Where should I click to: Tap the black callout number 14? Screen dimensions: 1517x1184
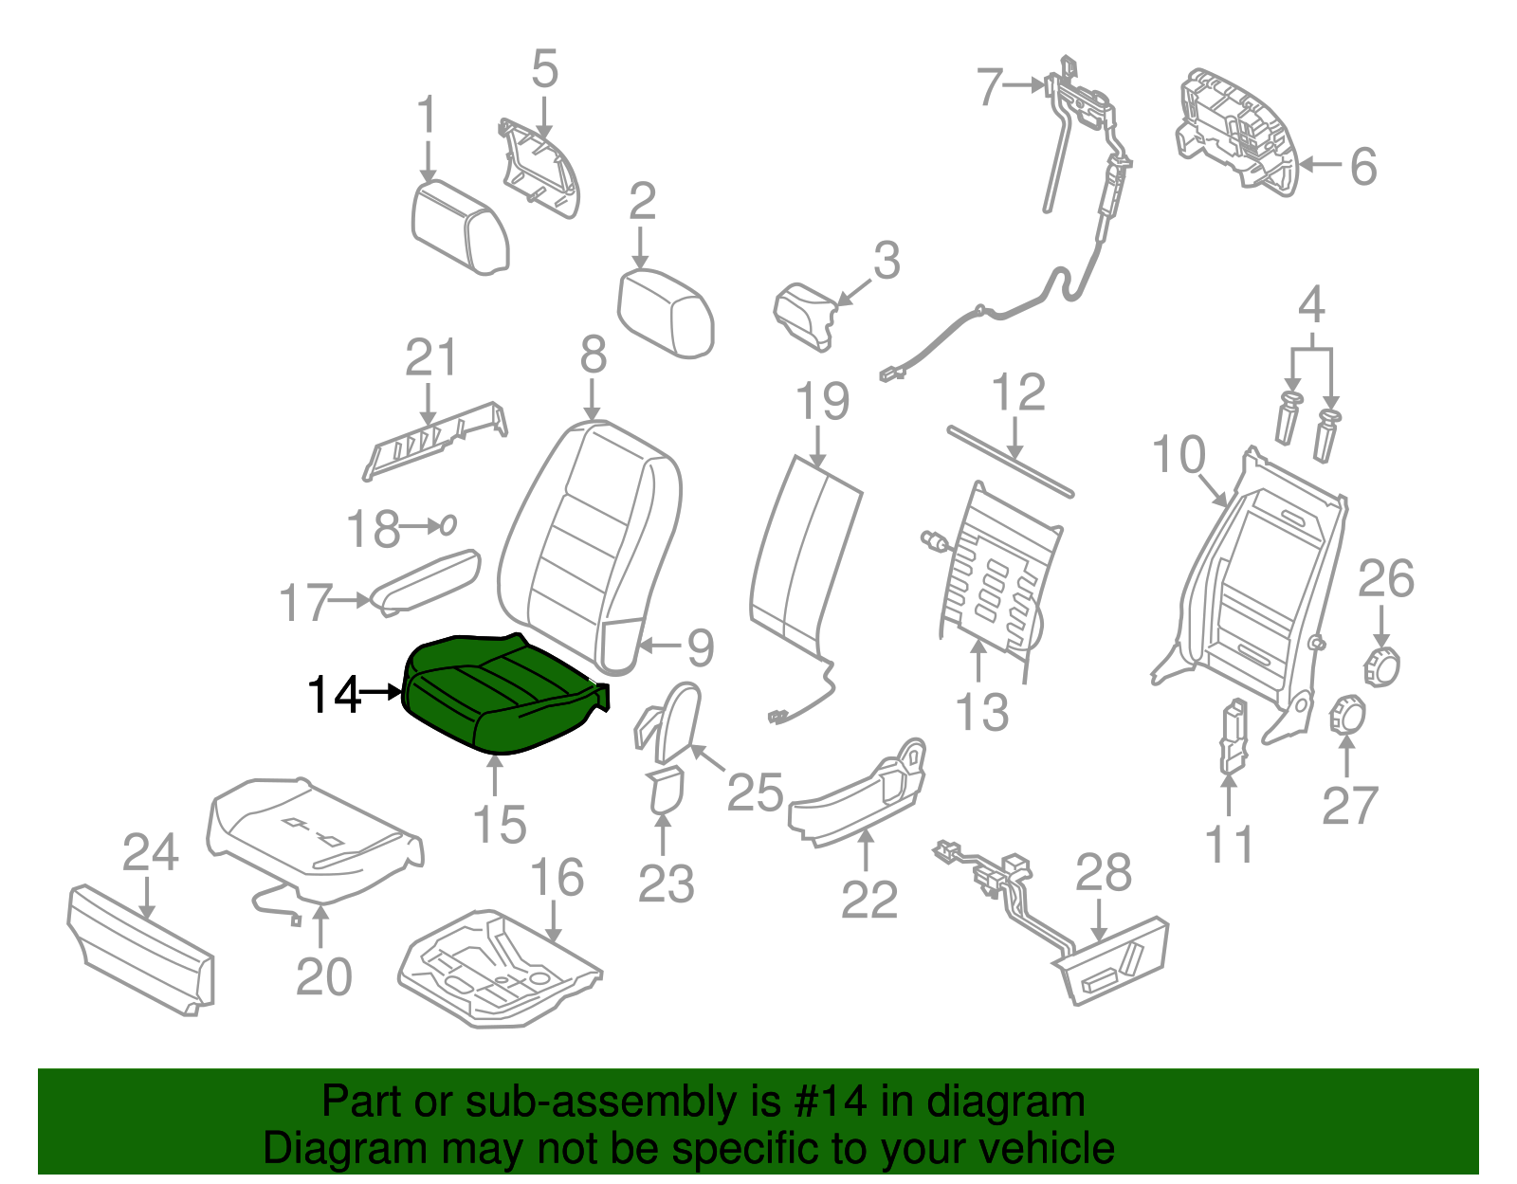click(334, 695)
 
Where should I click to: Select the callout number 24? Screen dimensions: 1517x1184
click(150, 852)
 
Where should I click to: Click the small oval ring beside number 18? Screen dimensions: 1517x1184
click(448, 524)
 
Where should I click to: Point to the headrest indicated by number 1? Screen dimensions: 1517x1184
click(459, 227)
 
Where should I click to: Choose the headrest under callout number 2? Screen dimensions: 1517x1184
click(666, 314)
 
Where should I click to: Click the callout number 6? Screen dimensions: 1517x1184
click(1363, 167)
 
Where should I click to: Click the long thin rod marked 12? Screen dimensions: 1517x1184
click(1010, 462)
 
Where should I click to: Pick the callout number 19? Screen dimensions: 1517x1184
click(822, 401)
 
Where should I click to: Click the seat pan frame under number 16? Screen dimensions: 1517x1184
click(500, 969)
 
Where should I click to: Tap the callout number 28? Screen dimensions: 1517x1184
click(1103, 872)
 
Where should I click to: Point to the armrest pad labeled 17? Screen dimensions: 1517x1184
click(426, 583)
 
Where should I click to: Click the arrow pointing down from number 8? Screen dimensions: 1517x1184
click(592, 400)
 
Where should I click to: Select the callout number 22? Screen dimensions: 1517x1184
click(869, 900)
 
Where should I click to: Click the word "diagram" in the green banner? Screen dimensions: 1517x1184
click(1005, 1102)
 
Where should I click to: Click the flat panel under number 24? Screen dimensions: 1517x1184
click(141, 950)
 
